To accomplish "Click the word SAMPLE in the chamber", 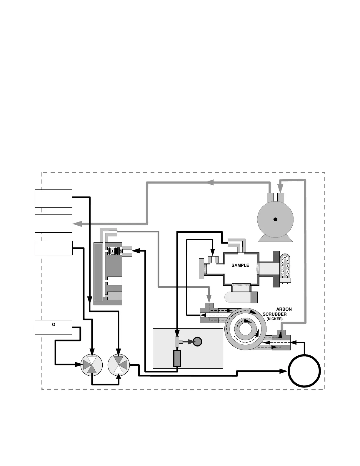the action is coord(240,265).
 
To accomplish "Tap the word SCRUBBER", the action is coord(274,314).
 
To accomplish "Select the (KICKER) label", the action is coord(274,319).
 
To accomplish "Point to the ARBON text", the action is coord(284,309).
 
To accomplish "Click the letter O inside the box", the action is coord(54,324).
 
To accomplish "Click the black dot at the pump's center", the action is coord(275,219).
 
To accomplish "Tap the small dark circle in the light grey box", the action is coord(198,342).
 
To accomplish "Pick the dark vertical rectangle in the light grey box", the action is coord(177,358).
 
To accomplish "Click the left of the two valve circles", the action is coord(92,365).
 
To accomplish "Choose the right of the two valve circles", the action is coord(119,365).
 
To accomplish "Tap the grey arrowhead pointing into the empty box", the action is coord(77,224).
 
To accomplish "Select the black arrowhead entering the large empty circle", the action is coord(284,371).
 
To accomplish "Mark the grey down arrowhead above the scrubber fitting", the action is coord(209,299).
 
